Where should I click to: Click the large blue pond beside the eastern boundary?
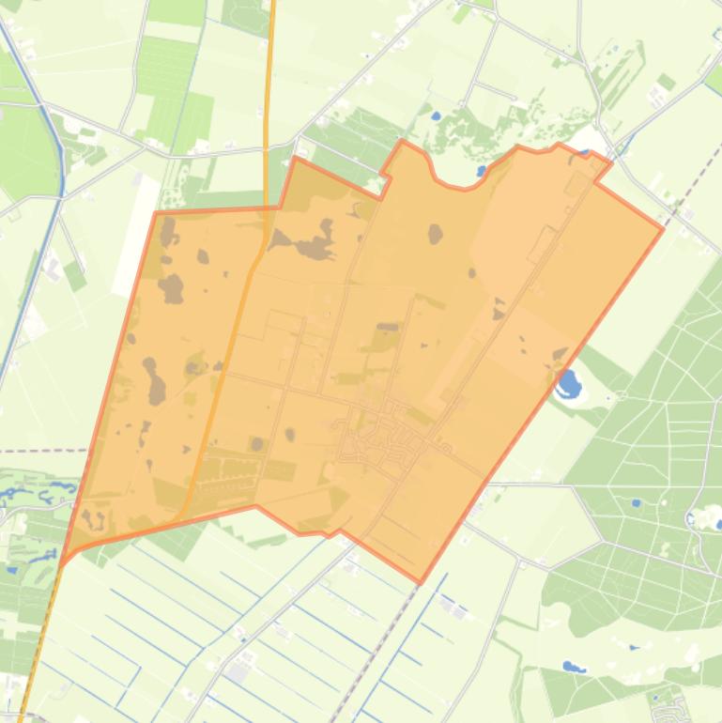point(568,382)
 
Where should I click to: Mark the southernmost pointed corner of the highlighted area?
point(420,582)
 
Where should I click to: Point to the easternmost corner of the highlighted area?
point(663,227)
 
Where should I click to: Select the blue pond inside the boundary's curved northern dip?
point(482,172)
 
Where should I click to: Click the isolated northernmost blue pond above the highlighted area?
point(435,116)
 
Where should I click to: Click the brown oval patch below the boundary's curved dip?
point(435,233)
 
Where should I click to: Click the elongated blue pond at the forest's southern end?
point(573,668)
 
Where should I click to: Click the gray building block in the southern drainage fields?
point(238,671)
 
